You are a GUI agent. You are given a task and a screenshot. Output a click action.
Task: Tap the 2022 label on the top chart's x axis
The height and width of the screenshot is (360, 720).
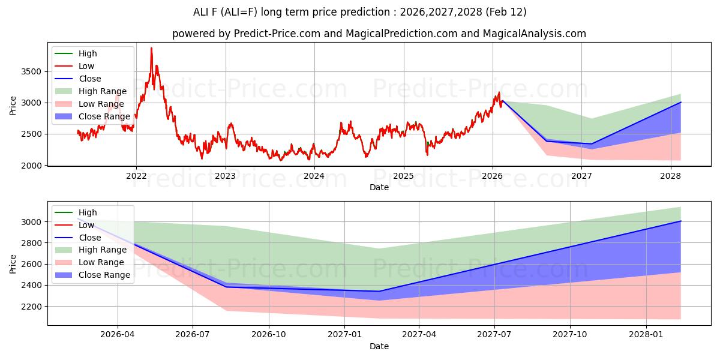pyautogui.click(x=136, y=176)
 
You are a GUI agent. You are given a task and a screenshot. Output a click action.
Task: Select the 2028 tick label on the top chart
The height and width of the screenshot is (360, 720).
pyautogui.click(x=670, y=176)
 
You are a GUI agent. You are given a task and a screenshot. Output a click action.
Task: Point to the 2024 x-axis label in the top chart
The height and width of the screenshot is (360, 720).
pyautogui.click(x=314, y=176)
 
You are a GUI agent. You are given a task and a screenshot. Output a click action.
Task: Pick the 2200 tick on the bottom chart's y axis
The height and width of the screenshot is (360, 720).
pyautogui.click(x=32, y=306)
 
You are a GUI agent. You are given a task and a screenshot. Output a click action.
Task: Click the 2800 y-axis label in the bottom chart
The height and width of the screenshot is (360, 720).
pyautogui.click(x=32, y=243)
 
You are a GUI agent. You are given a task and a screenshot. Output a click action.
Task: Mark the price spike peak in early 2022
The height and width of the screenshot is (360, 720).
pyautogui.click(x=151, y=48)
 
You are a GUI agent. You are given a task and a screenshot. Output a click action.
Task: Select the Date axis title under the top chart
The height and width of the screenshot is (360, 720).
pyautogui.click(x=379, y=187)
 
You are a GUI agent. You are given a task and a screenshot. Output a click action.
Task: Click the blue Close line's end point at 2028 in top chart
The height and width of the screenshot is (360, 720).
pyautogui.click(x=680, y=103)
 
